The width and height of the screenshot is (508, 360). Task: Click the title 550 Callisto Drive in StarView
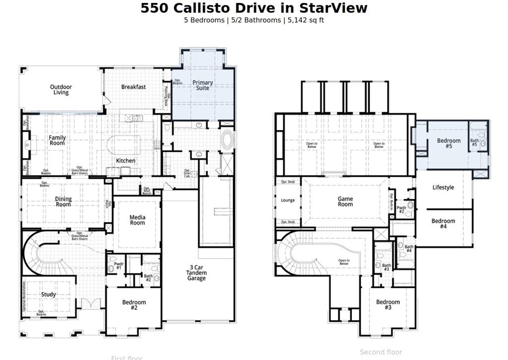(x=254, y=8)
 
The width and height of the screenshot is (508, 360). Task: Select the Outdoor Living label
(x=61, y=90)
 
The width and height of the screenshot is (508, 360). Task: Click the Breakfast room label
(x=133, y=87)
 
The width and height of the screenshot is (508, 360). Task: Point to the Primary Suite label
(x=202, y=85)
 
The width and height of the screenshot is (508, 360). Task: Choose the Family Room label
(x=57, y=141)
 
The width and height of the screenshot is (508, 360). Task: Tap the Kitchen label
(x=126, y=161)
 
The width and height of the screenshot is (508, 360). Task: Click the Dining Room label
(x=63, y=202)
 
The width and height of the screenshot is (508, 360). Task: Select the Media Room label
(x=137, y=220)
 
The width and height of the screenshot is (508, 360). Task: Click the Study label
(x=49, y=294)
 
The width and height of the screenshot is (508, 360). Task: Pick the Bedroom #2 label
(x=134, y=305)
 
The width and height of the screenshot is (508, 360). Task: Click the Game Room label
(x=345, y=202)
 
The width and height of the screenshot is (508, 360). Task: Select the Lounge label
(x=288, y=201)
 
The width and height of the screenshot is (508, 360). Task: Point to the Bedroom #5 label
(x=448, y=144)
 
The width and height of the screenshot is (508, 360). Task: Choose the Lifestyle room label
(x=443, y=188)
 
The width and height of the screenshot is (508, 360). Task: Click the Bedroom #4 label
(x=443, y=223)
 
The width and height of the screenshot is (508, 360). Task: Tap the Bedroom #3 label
(x=387, y=305)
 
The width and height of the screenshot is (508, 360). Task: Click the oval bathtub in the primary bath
(x=227, y=140)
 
